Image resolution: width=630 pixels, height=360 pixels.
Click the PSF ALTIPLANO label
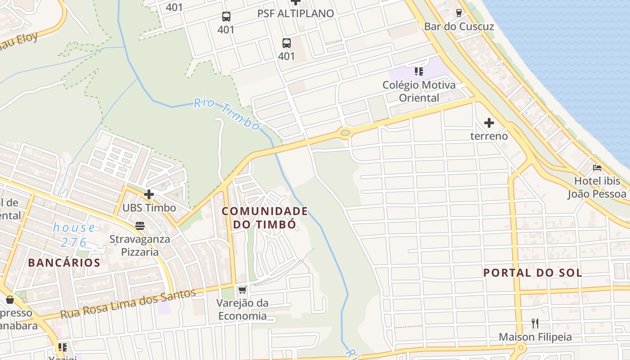(296, 13)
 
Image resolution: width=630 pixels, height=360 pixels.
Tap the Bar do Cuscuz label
(459, 27)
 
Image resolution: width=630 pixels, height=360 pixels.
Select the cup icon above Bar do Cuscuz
(459, 13)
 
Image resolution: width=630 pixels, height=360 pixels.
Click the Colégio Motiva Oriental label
(419, 91)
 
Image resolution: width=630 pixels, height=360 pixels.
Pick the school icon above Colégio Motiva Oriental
(419, 72)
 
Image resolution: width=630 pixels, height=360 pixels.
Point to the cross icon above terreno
(489, 122)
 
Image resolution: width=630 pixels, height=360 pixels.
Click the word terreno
(489, 136)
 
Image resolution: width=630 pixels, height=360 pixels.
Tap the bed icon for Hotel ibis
(597, 168)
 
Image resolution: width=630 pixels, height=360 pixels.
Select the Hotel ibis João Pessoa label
(597, 188)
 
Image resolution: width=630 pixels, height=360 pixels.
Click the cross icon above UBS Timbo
(148, 194)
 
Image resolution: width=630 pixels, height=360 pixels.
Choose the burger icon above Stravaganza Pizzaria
(140, 225)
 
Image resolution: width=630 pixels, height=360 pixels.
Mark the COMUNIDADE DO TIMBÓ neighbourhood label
(265, 218)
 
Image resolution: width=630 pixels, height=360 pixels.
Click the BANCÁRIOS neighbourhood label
(64, 263)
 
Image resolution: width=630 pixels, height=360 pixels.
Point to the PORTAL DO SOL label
(533, 273)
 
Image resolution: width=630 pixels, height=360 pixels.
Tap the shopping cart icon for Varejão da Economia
(242, 290)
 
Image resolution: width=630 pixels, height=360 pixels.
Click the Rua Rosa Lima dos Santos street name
(128, 304)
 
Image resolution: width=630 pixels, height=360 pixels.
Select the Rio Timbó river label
(227, 114)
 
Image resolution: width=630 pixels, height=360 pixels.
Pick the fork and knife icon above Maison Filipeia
(535, 323)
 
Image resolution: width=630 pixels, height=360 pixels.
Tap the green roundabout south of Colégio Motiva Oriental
(345, 132)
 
